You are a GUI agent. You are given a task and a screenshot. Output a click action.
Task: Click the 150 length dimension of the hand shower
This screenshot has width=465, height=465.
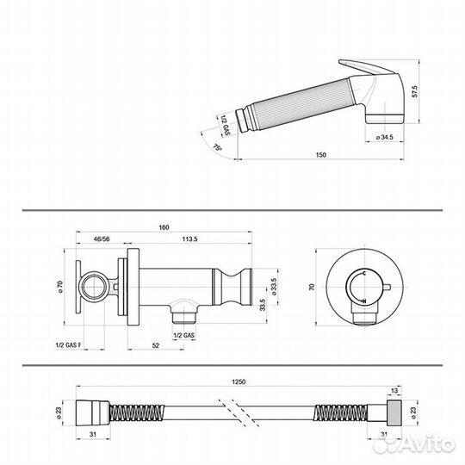tap(321, 154)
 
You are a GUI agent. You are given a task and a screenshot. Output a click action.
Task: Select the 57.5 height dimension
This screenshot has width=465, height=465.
tap(414, 91)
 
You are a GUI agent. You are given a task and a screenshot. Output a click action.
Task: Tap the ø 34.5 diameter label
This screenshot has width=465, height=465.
tap(384, 137)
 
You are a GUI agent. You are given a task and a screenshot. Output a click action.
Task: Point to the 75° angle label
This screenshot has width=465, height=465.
tap(217, 147)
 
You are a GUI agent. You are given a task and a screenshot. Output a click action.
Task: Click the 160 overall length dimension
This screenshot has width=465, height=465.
tap(164, 227)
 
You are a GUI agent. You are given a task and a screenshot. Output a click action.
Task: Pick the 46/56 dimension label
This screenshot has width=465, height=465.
tap(102, 239)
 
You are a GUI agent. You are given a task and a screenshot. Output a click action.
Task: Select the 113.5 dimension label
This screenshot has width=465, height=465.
tap(189, 239)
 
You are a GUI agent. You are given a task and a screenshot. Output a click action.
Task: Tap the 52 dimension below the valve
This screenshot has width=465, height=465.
tap(155, 345)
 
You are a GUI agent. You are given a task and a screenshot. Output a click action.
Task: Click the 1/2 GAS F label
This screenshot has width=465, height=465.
tap(69, 345)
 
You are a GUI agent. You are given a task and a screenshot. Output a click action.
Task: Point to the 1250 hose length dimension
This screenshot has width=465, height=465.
tap(239, 382)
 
